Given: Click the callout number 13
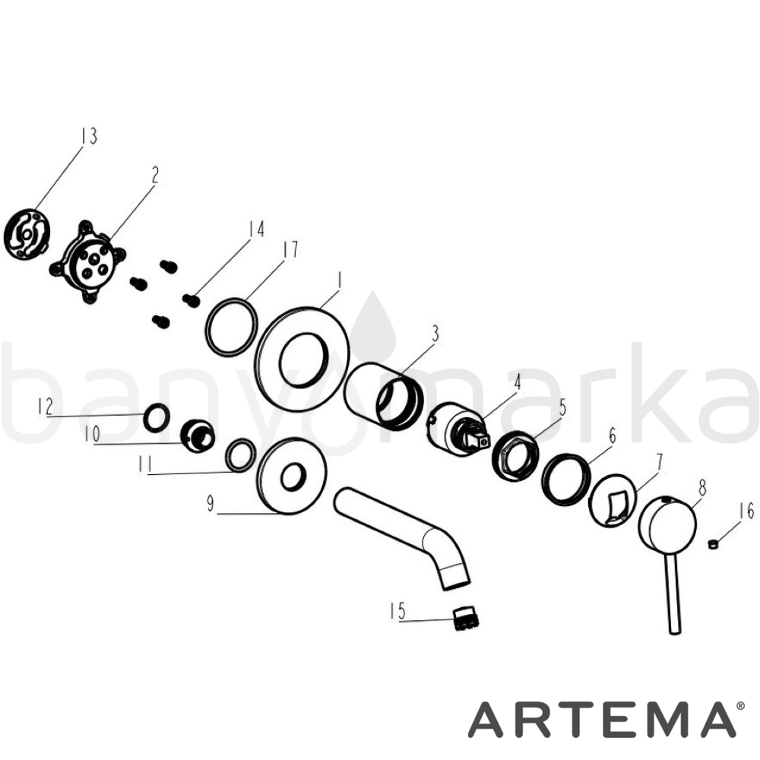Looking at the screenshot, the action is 89,136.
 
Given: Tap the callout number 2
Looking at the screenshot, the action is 154,175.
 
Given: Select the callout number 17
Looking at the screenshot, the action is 290,249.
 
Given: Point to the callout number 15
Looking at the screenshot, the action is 398,611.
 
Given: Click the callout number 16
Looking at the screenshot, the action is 747,511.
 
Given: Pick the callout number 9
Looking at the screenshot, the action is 211,504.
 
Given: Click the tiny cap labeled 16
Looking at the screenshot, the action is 712,544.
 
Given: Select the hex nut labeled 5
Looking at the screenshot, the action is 515,455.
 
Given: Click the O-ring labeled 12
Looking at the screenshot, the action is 157,417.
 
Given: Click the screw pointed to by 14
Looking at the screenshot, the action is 192,300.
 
